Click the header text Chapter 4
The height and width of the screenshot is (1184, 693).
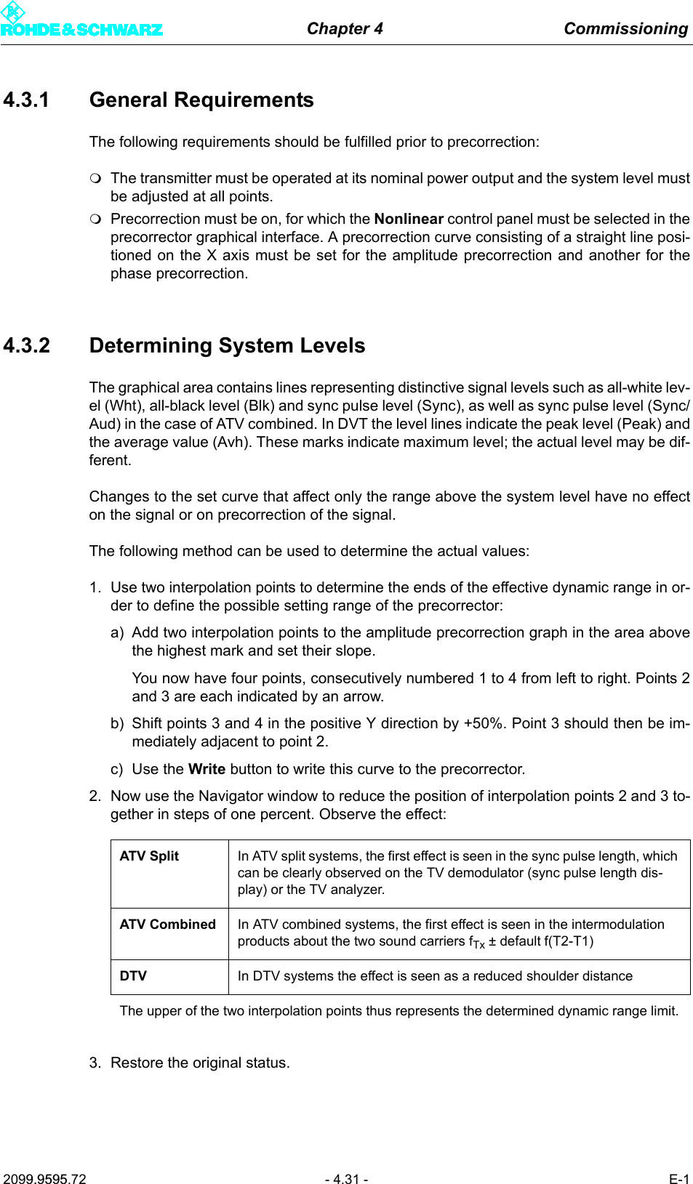(x=345, y=28)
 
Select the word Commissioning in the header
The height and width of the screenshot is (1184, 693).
(x=625, y=28)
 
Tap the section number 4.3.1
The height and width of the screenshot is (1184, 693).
(x=26, y=100)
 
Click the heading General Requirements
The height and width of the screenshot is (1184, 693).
(x=201, y=100)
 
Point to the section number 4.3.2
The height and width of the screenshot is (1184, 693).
(x=26, y=345)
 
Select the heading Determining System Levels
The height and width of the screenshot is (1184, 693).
(x=227, y=345)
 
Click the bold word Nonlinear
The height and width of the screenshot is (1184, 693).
(x=409, y=219)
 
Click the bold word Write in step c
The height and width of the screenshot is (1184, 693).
(x=207, y=769)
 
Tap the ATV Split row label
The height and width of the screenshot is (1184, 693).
(x=149, y=856)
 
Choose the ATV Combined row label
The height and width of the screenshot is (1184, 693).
(x=167, y=925)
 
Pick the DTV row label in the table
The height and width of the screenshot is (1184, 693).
(x=133, y=976)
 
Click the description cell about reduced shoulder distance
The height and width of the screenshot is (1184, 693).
(x=435, y=976)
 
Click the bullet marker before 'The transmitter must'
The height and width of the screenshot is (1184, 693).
(x=95, y=178)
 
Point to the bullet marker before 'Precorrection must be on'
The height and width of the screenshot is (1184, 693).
(x=95, y=219)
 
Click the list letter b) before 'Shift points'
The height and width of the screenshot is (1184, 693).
(x=117, y=723)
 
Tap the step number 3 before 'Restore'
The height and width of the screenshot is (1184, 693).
(x=95, y=1063)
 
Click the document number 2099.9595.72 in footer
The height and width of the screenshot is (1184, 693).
(x=44, y=1179)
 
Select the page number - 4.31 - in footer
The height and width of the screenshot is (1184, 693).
(x=346, y=1179)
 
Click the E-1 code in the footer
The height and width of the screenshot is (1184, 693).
(x=678, y=1179)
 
